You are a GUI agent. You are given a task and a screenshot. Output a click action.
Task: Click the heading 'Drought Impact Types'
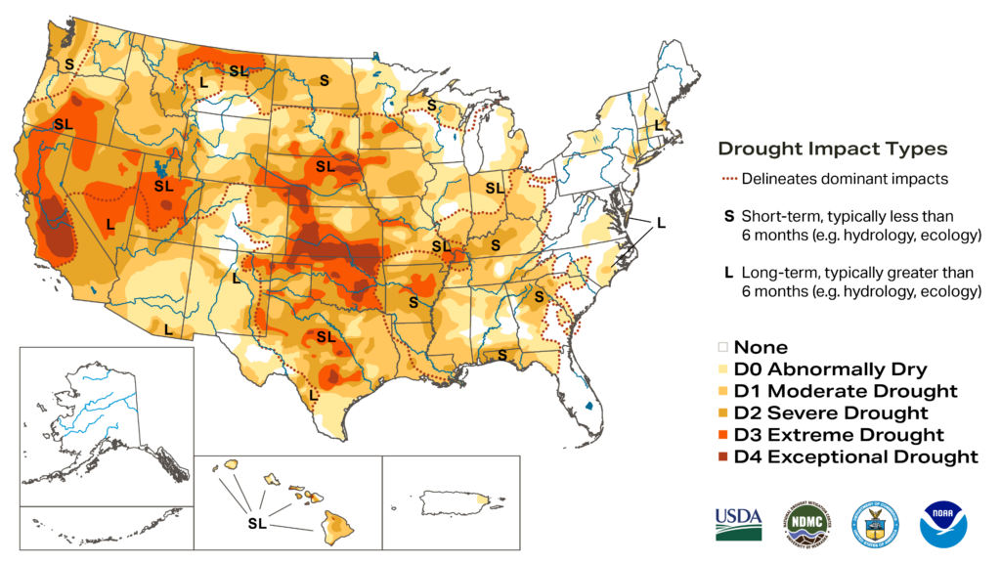tap(832, 150)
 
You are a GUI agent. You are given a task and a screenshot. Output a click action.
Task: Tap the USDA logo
tap(738, 525)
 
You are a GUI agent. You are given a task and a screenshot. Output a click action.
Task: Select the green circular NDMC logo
tap(806, 525)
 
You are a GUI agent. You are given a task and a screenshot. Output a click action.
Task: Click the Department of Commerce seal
tap(874, 525)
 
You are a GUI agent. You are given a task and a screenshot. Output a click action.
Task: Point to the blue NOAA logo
tap(943, 525)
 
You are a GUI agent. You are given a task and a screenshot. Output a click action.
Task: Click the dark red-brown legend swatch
tap(723, 455)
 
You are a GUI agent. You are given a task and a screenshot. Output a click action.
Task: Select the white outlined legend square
tap(723, 347)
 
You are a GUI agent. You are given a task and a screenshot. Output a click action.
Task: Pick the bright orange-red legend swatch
tap(723, 434)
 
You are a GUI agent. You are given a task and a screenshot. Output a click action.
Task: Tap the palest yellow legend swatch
tap(723, 368)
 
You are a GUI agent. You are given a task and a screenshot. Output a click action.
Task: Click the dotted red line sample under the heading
tap(729, 179)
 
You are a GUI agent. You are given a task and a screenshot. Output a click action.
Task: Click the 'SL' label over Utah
tap(163, 186)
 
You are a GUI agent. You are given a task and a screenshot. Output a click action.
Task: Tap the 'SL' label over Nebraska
tap(326, 166)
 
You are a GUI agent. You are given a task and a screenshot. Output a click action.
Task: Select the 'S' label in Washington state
tap(69, 64)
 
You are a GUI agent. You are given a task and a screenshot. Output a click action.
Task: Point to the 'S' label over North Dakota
tap(324, 80)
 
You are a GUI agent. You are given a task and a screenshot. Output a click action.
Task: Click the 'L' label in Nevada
tap(110, 224)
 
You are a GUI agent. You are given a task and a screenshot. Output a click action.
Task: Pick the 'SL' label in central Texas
tap(326, 336)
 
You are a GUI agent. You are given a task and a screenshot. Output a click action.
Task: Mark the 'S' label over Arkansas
tap(413, 303)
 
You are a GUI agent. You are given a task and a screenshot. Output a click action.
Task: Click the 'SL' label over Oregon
tap(64, 124)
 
